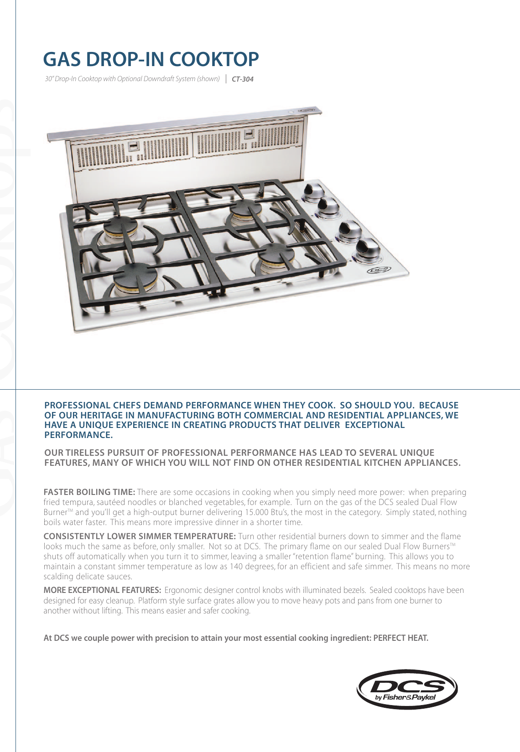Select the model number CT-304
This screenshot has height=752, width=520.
click(242, 79)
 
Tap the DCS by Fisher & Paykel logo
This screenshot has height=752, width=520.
click(407, 689)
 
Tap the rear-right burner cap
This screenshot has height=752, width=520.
click(245, 210)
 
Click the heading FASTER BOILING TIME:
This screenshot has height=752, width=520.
click(89, 492)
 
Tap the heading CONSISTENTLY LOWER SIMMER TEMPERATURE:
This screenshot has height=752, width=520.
click(139, 536)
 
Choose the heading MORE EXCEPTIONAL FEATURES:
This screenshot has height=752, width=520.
click(102, 591)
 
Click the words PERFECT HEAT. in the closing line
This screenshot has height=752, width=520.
click(400, 638)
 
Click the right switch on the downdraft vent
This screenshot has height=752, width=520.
click(249, 135)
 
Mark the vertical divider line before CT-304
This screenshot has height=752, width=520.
click(226, 79)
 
